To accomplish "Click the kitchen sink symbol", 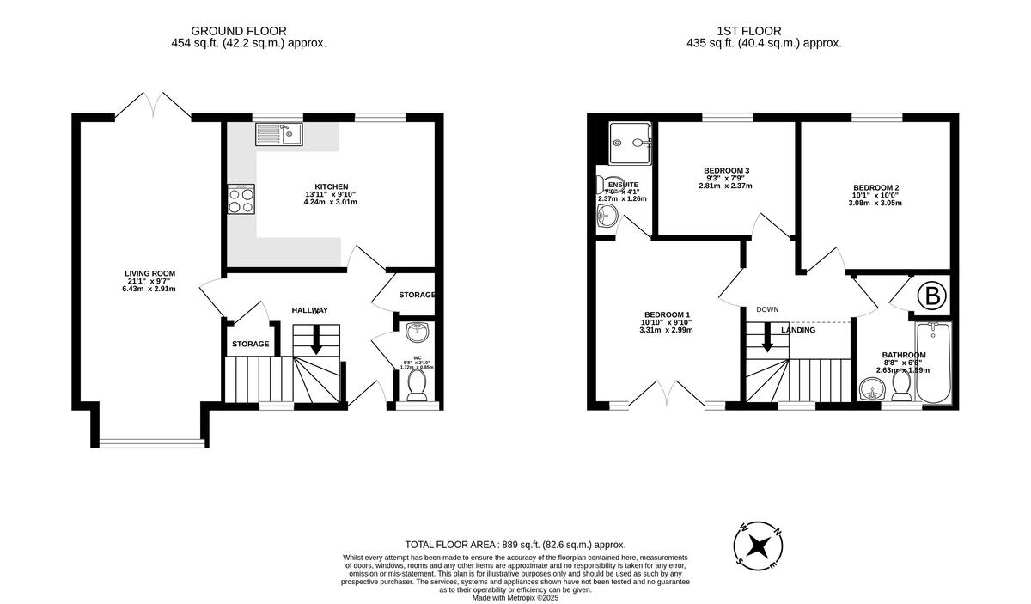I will tap(278, 134).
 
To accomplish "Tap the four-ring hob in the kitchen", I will tap(241, 199).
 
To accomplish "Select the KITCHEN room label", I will tap(331, 186).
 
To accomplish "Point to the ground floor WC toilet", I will tap(418, 385).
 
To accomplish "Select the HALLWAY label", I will tap(309, 310).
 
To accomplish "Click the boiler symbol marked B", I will tap(930, 296).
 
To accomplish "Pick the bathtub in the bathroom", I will tap(933, 362).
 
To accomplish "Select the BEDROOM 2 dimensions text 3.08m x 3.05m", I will tap(875, 203).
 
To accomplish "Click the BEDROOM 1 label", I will tap(667, 314).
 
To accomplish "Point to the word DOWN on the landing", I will tap(767, 309).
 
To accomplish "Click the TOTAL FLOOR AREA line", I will tap(515, 545).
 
